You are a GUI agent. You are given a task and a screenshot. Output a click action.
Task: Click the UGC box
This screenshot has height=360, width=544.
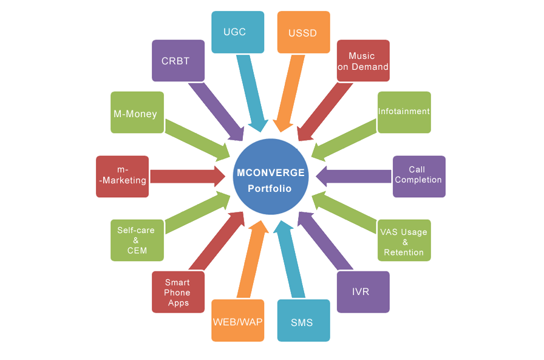point(237,32)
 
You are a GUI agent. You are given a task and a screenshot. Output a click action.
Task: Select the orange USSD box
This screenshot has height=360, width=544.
point(303,32)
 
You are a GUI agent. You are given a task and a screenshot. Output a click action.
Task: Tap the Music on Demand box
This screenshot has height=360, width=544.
point(363,61)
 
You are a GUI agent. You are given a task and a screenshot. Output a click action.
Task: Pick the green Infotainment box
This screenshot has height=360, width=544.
point(404,112)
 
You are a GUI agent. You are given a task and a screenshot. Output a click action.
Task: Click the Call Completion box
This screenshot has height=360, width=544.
point(419,176)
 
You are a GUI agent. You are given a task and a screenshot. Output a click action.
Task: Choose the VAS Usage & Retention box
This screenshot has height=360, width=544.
point(404,240)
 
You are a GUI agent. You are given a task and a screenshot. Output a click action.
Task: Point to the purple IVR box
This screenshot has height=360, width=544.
point(362,291)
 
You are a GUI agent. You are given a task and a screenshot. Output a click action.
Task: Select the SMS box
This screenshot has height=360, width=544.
point(303,321)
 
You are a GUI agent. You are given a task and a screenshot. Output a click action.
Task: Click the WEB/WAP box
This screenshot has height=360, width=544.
point(237,321)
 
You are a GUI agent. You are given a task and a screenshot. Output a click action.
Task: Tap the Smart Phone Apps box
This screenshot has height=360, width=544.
point(178,292)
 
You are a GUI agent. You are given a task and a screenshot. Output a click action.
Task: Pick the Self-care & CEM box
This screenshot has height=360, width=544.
point(137,240)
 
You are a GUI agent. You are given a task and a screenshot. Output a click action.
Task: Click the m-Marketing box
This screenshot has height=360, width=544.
point(122,176)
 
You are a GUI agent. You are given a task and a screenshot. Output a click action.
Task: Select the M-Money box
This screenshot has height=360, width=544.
point(137,112)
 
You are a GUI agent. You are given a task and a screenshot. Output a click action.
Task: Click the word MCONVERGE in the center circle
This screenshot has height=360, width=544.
point(271,172)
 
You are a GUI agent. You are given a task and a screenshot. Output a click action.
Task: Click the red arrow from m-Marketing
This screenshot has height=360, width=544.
point(185,176)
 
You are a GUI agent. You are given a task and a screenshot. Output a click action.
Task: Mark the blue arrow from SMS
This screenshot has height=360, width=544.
point(289,261)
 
